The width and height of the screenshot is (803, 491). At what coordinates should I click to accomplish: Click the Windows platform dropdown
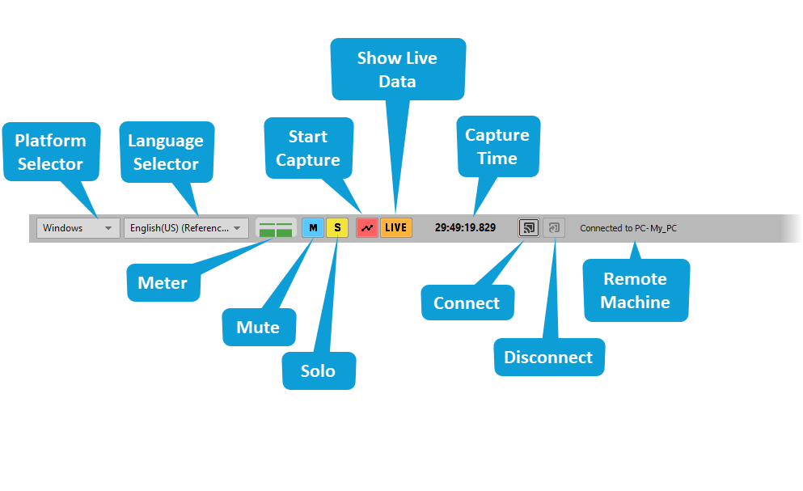click(78, 228)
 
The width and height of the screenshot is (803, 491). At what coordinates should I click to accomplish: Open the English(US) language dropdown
click(186, 228)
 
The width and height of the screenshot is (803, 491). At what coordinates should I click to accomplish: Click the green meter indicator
click(276, 228)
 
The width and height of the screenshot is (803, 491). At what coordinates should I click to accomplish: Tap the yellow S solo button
click(337, 228)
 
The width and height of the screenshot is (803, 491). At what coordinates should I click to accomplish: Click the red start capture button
click(367, 228)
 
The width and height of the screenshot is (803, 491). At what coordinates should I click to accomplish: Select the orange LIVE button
click(395, 228)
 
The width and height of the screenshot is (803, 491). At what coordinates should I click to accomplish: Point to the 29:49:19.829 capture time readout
click(465, 228)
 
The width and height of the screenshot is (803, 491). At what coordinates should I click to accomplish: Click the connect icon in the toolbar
click(529, 228)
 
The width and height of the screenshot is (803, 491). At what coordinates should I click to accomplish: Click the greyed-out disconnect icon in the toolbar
click(554, 228)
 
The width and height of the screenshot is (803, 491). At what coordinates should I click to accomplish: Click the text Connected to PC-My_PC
click(628, 228)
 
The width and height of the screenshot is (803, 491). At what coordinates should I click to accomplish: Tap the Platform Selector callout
click(51, 152)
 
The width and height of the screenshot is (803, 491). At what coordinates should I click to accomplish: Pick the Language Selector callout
click(166, 152)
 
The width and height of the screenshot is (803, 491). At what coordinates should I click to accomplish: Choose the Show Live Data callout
click(398, 70)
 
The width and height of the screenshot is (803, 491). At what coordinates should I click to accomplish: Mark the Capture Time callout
click(497, 146)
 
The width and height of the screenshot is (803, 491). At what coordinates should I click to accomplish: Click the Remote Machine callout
click(636, 290)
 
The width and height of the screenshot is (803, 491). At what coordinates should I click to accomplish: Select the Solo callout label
click(318, 370)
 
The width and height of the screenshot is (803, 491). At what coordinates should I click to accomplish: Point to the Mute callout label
click(258, 328)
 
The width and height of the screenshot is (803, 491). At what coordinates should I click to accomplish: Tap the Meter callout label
click(163, 283)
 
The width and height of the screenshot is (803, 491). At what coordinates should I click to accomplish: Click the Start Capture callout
click(308, 148)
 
